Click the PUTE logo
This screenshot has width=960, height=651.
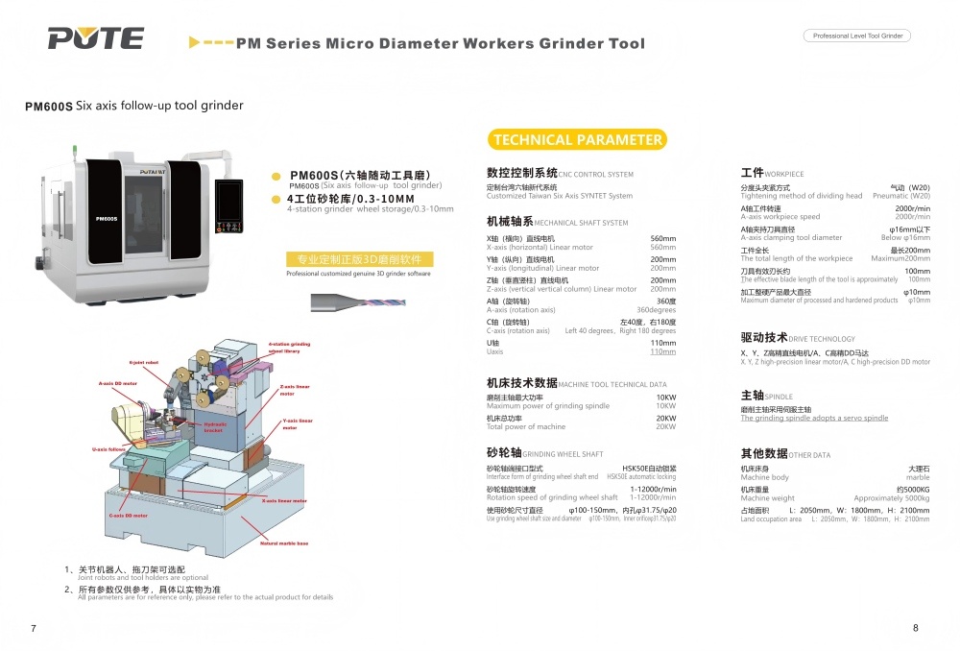pyautogui.click(x=95, y=38)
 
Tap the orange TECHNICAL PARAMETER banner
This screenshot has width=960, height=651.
pyautogui.click(x=577, y=140)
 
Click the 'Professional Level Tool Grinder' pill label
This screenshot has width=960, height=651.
pyautogui.click(x=856, y=36)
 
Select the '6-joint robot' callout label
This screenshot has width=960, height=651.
pyautogui.click(x=144, y=363)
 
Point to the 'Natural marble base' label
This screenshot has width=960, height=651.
pyautogui.click(x=284, y=543)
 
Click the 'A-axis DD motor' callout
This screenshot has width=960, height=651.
pyautogui.click(x=118, y=383)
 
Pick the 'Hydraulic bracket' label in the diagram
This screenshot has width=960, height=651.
pyautogui.click(x=215, y=426)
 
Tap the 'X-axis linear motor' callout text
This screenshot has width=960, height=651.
pyautogui.click(x=284, y=500)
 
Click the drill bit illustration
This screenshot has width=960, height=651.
pyautogui.click(x=346, y=301)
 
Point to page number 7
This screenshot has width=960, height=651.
pyautogui.click(x=34, y=628)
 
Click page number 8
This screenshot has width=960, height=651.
pyautogui.click(x=915, y=628)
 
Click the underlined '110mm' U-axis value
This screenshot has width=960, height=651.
pyautogui.click(x=662, y=352)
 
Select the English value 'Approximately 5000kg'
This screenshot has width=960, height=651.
pyautogui.click(x=891, y=498)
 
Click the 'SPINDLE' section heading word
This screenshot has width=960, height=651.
pyautogui.click(x=779, y=396)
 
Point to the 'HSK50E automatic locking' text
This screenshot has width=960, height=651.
pyautogui.click(x=641, y=476)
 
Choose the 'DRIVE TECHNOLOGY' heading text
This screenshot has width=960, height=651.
pyautogui.click(x=822, y=339)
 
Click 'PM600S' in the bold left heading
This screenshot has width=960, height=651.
pyautogui.click(x=49, y=107)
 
